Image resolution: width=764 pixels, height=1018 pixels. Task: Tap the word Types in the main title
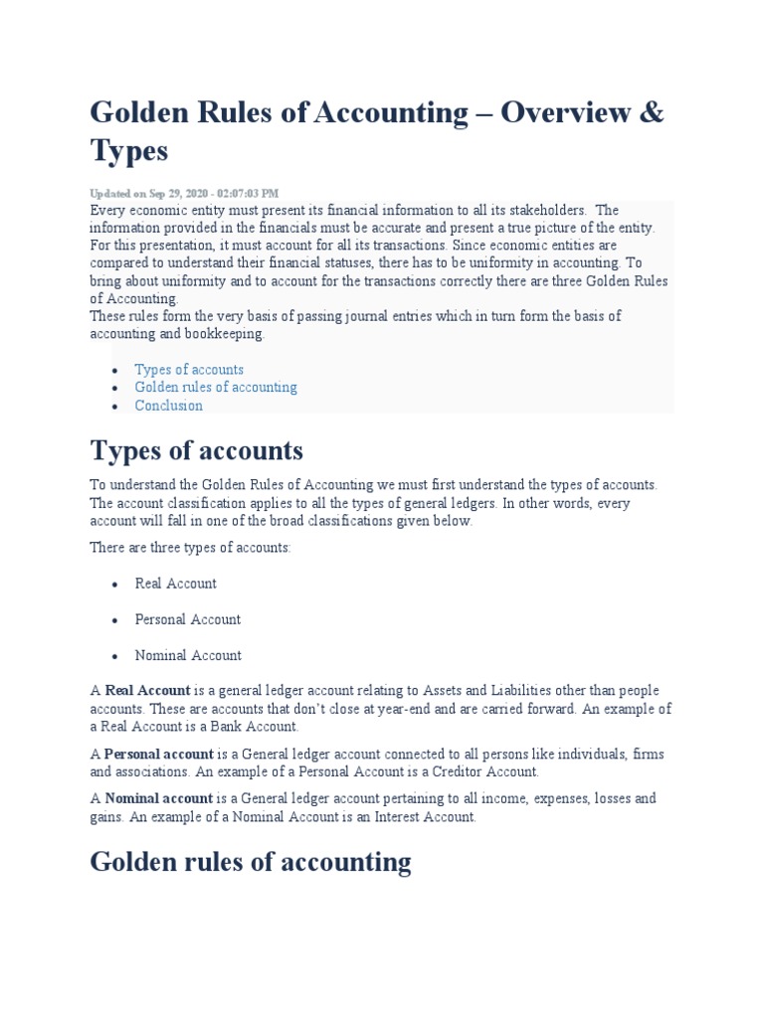pos(129,152)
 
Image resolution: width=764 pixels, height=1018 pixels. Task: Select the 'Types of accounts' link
pos(189,370)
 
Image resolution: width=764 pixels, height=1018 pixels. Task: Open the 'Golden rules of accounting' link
pos(216,388)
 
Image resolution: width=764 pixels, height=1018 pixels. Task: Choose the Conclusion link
pos(168,406)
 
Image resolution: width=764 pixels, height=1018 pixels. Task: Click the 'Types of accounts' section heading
pos(196,451)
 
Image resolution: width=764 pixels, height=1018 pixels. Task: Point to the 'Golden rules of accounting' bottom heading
pos(250,862)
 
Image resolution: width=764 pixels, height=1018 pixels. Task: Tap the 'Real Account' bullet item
pos(175,584)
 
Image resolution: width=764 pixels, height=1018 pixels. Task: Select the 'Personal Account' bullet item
pos(187,619)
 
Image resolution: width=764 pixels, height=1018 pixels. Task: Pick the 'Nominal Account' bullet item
pos(188,655)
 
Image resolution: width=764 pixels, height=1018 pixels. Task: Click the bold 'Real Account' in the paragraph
pos(147,691)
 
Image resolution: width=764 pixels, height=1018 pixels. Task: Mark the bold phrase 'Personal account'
pos(159,755)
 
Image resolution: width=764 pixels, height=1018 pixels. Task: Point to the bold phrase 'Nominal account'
pos(159,798)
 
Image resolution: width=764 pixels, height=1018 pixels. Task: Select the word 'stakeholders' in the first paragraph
pos(546,211)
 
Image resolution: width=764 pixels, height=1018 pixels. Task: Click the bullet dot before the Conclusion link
pos(115,407)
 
